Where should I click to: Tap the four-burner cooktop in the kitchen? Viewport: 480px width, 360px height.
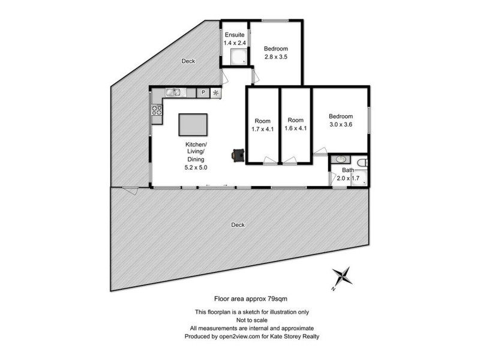157,110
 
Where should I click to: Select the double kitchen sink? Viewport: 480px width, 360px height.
173,92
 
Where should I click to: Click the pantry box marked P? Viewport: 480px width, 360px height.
203,92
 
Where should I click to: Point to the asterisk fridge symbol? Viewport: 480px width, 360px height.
215,92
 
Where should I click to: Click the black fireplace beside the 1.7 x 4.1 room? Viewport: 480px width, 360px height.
238,154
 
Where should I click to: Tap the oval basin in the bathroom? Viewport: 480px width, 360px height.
340,160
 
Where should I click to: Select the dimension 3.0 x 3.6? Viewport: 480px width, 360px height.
340,125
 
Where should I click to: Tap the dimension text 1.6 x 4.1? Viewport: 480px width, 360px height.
296,128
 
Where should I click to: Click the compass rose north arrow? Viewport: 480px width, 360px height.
343,277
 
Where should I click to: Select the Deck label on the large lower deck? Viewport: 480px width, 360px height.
238,225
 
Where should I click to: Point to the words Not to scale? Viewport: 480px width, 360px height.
252,320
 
